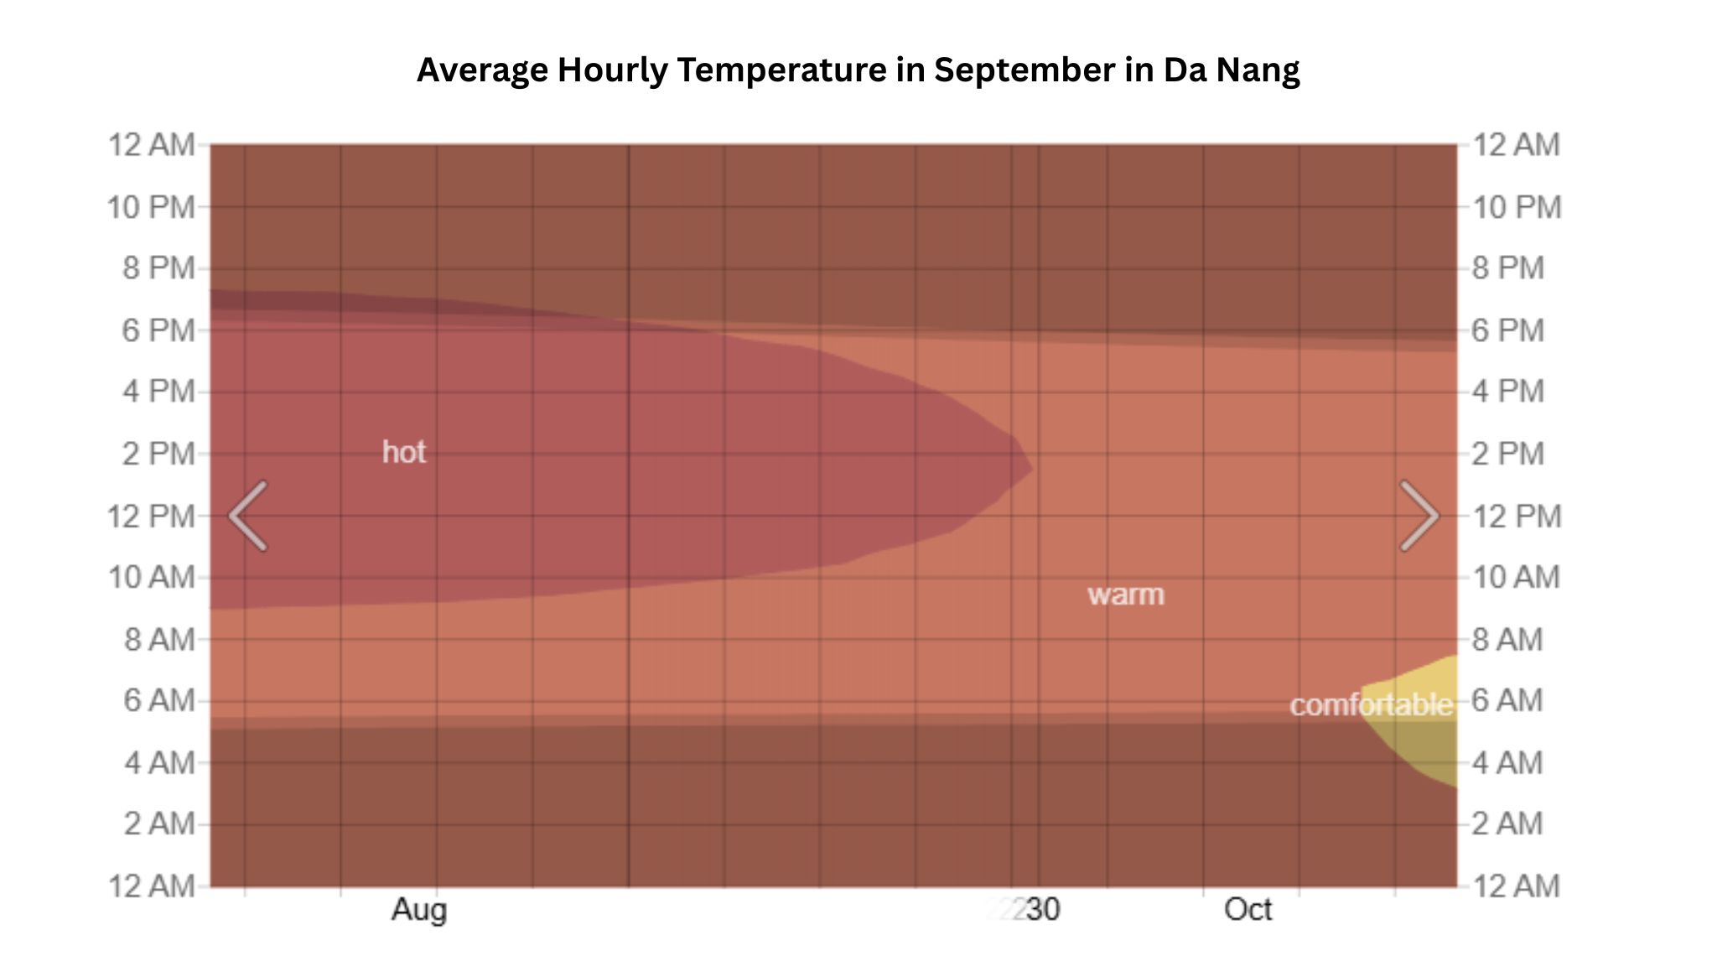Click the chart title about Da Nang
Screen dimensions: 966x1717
[x=858, y=70]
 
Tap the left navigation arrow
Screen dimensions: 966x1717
[x=248, y=516]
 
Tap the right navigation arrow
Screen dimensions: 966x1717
[x=1419, y=516]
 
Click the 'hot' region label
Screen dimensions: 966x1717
[x=404, y=452]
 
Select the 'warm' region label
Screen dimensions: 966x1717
[x=1125, y=595]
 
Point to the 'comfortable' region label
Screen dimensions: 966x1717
[x=1370, y=704]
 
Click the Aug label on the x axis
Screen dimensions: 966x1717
[x=419, y=909]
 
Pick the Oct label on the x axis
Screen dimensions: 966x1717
[x=1248, y=909]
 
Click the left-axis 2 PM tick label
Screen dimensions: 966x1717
[x=158, y=454]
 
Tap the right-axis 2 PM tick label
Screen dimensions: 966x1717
[x=1507, y=454]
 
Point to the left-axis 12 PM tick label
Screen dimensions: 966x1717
[x=151, y=516]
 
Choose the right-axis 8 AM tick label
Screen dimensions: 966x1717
[x=1507, y=639]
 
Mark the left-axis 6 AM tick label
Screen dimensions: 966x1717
[x=158, y=700]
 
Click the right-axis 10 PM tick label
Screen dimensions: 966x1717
[x=1517, y=207]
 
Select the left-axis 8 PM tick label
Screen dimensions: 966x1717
[x=158, y=268]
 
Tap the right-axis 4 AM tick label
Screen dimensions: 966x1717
[x=1507, y=762]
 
